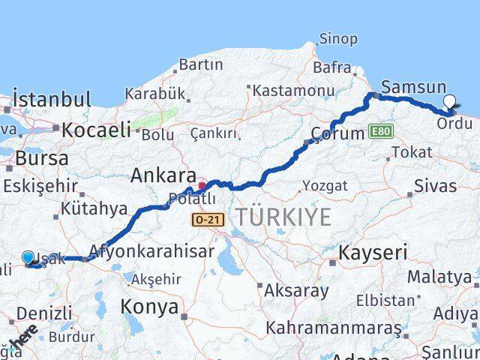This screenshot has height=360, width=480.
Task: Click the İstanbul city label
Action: [x=52, y=99]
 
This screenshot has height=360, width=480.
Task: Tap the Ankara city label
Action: [x=163, y=175]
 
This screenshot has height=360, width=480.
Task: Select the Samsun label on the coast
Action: [x=413, y=87]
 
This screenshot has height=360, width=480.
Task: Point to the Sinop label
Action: [x=338, y=39]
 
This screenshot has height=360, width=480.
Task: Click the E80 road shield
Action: [x=381, y=132]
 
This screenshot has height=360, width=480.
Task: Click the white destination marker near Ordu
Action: [x=449, y=102]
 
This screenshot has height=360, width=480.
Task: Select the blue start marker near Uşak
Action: [x=28, y=258]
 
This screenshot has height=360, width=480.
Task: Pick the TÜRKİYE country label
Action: [x=283, y=217]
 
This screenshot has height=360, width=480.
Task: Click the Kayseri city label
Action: [x=373, y=253]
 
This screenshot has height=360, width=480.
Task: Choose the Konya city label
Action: [x=150, y=307]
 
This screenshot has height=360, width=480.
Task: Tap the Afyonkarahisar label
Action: [x=151, y=252]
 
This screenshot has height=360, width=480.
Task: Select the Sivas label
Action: [x=434, y=186]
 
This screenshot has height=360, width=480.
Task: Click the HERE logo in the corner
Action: [x=26, y=342]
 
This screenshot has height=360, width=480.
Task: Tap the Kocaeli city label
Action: [x=96, y=130]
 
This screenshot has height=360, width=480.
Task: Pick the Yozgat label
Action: [x=325, y=185]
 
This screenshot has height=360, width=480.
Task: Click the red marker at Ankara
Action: [x=202, y=186]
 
